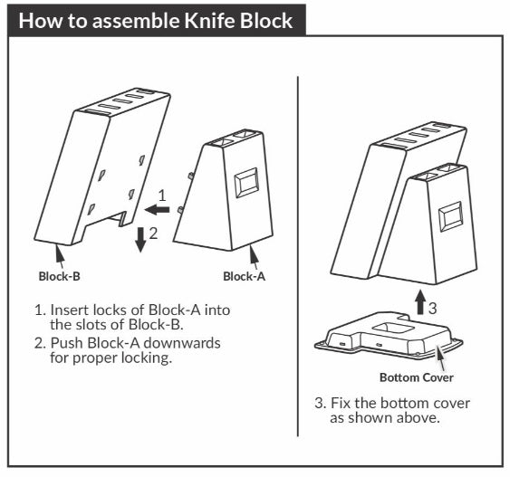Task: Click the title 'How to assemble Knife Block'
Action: pyautogui.click(x=156, y=21)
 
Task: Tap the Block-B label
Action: pyautogui.click(x=59, y=276)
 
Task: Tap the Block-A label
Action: pyautogui.click(x=244, y=276)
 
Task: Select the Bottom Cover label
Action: pyautogui.click(x=417, y=377)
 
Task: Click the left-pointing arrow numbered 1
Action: pyautogui.click(x=157, y=210)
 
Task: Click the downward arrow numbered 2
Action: pyautogui.click(x=140, y=240)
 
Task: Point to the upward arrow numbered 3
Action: pyautogui.click(x=420, y=302)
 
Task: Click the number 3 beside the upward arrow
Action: pyautogui.click(x=433, y=308)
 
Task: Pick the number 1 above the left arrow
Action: pyautogui.click(x=161, y=196)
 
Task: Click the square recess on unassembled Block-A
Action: pyautogui.click(x=246, y=183)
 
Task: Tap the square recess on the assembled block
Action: pyautogui.click(x=451, y=216)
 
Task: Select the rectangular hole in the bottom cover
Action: pyautogui.click(x=393, y=329)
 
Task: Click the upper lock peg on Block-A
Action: pyautogui.click(x=191, y=176)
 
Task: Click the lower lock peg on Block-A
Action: pyautogui.click(x=180, y=210)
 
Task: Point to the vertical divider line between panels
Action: pyautogui.click(x=298, y=256)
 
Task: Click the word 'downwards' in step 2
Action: pyautogui.click(x=182, y=343)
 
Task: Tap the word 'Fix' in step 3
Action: pyautogui.click(x=341, y=403)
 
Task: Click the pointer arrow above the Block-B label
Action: pyautogui.click(x=60, y=257)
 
